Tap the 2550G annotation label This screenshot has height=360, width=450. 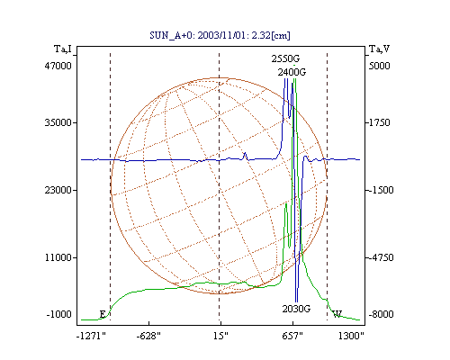(285, 58)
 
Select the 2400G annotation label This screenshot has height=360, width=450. (292, 72)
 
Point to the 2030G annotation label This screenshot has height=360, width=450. (296, 309)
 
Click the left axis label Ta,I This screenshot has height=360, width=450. (63, 49)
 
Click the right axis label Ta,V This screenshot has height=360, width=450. (379, 49)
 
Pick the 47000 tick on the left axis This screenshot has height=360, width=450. (58, 66)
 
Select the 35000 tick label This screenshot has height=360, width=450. (58, 122)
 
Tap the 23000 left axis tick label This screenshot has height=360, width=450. (58, 190)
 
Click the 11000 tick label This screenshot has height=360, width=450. (58, 257)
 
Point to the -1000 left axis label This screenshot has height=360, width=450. (58, 314)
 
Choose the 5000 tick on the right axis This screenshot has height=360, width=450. (379, 66)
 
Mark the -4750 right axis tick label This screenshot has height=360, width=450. (381, 257)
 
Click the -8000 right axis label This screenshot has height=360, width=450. (381, 314)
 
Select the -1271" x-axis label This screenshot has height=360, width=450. (91, 336)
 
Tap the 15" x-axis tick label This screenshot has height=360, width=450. (220, 336)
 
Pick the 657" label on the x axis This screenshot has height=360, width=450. (292, 336)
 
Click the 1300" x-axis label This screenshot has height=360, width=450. (351, 336)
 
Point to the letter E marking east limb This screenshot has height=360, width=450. (103, 314)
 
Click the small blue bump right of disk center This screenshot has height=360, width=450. (245, 156)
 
